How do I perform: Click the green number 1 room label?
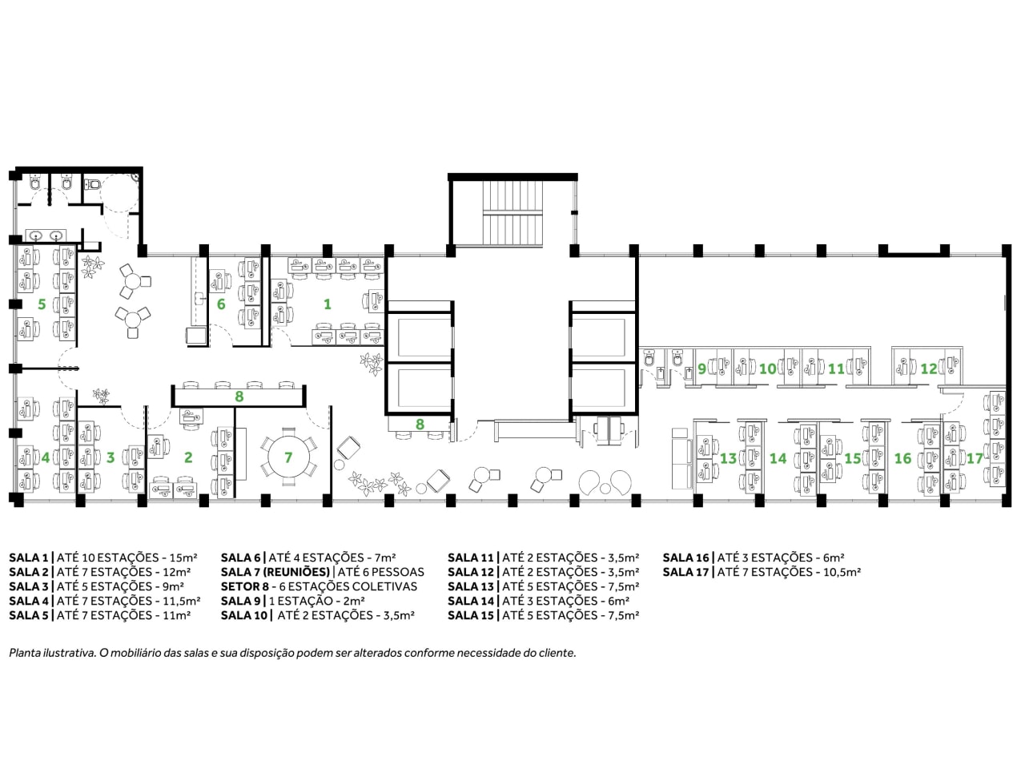click(x=328, y=304)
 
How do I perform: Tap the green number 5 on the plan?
click(x=42, y=304)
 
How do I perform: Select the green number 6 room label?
click(x=221, y=304)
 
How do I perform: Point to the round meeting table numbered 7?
click(x=288, y=457)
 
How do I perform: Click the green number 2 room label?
click(x=188, y=457)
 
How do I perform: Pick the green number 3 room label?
click(x=111, y=457)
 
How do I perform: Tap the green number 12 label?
click(x=928, y=368)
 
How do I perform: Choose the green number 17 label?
click(x=975, y=458)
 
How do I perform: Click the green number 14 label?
click(x=778, y=458)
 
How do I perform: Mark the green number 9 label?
click(x=701, y=368)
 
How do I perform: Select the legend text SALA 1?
click(x=29, y=558)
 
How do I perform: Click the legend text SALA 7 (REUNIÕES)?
click(x=275, y=572)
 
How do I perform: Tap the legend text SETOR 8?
click(x=245, y=586)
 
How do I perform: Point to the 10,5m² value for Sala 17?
click(x=842, y=572)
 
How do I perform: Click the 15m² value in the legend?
click(x=183, y=558)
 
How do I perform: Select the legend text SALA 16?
click(x=685, y=558)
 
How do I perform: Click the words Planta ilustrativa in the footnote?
click(x=53, y=653)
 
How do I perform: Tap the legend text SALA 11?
click(x=471, y=558)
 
